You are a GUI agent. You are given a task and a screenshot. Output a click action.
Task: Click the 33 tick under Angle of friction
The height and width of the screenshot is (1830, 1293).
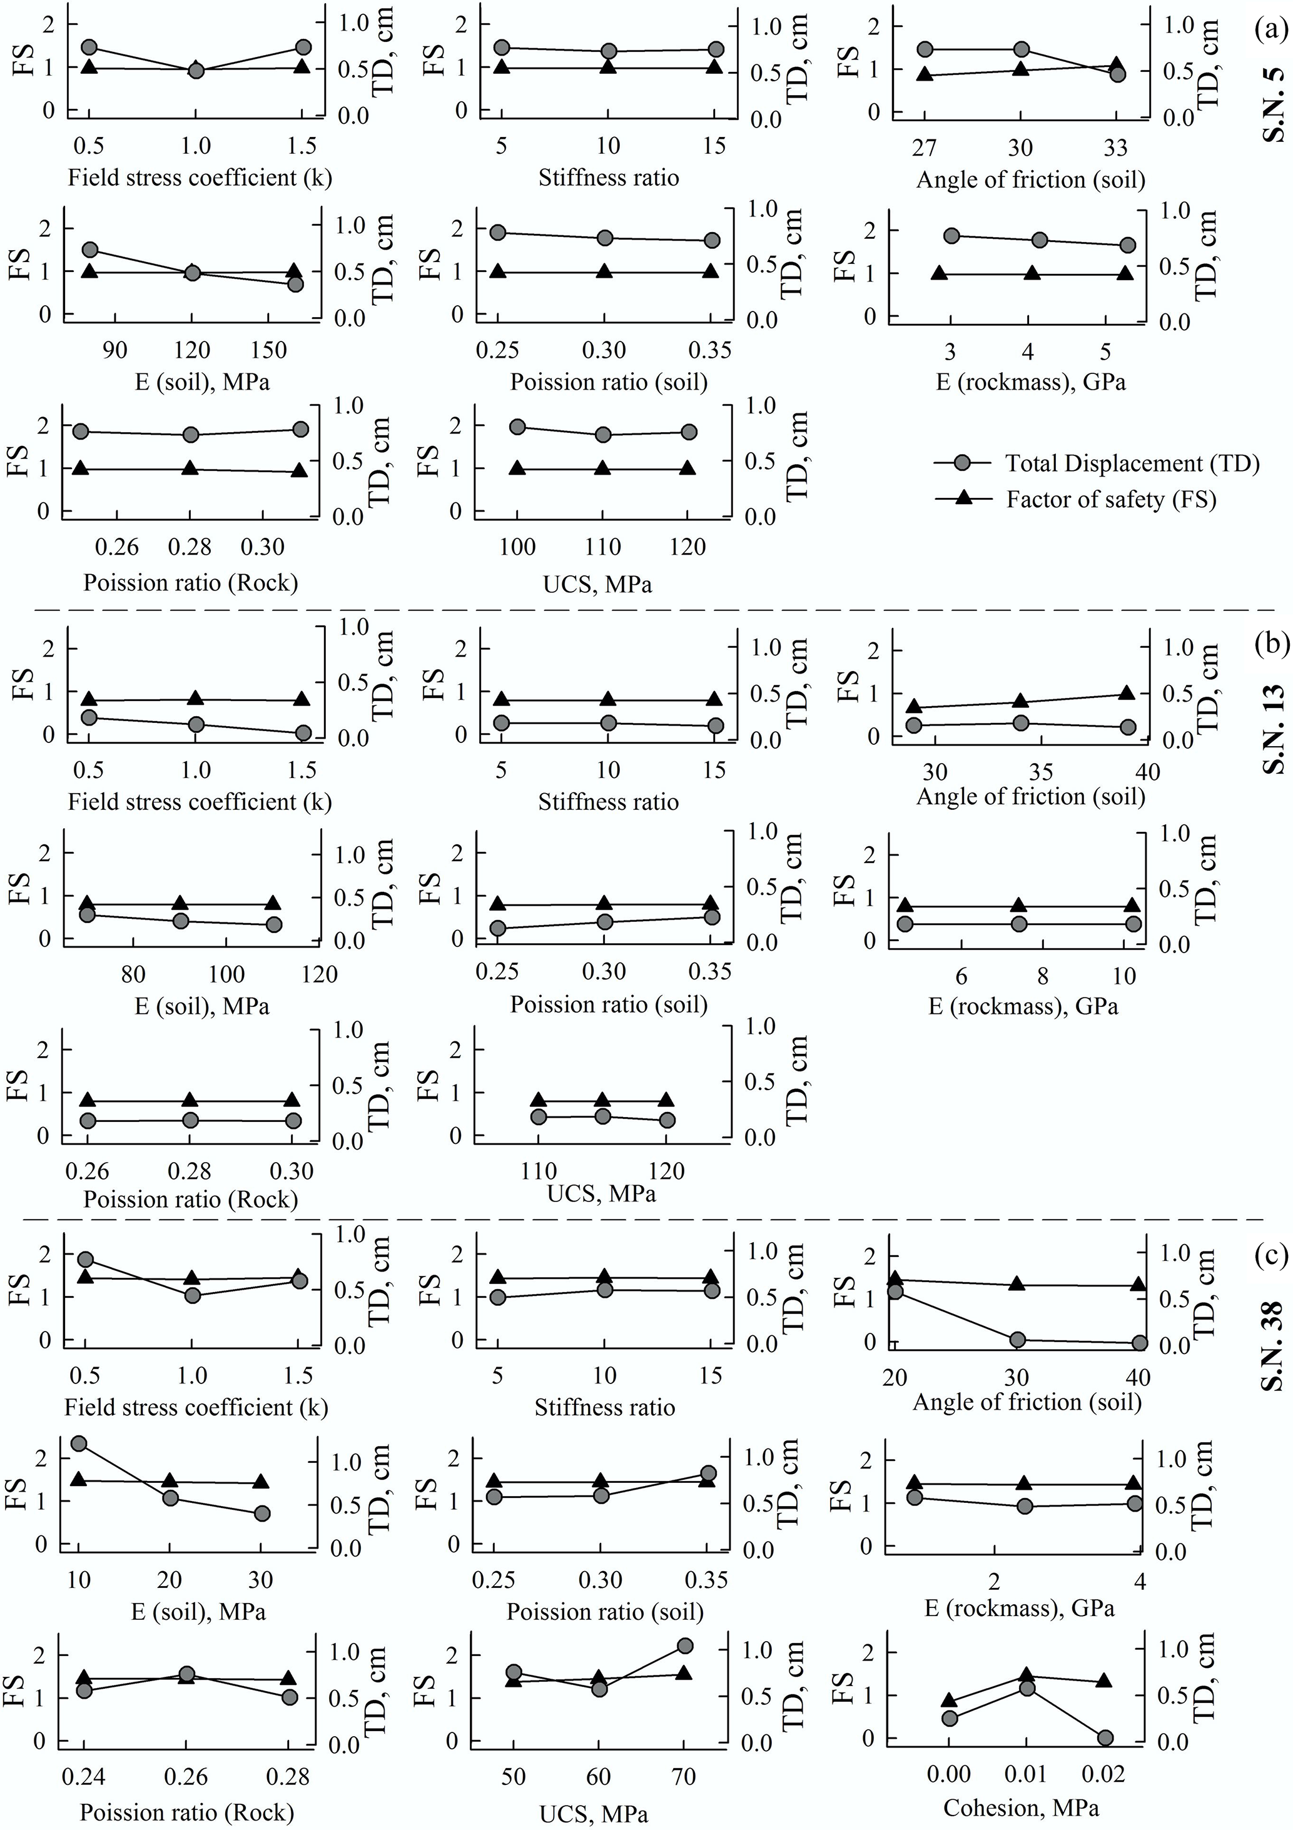pos(1116,148)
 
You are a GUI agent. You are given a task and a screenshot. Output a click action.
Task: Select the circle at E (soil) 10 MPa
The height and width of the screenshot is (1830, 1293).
pos(79,1443)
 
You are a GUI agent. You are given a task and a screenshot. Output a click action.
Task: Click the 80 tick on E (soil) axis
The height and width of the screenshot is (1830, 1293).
pos(133,974)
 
